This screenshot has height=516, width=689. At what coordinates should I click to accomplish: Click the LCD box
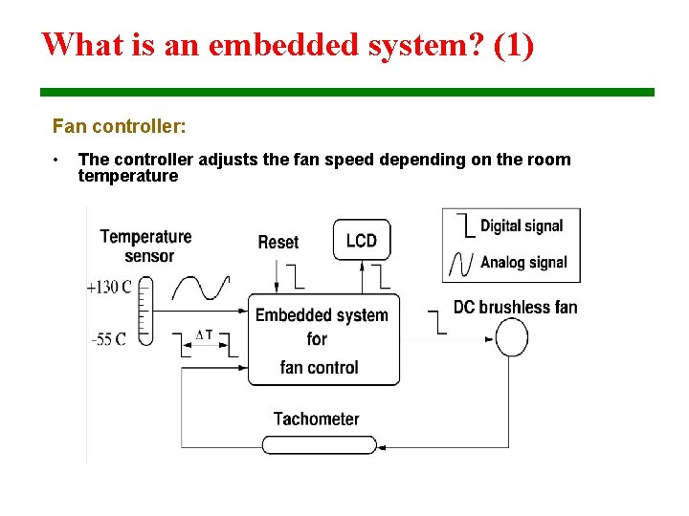pos(362,240)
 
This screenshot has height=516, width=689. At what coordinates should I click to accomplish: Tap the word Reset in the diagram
pos(278,243)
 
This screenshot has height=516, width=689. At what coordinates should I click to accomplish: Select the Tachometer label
pos(316,419)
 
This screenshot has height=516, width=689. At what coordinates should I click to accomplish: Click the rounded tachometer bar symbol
pos(320,444)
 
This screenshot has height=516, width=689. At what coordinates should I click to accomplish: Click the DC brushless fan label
pos(515,307)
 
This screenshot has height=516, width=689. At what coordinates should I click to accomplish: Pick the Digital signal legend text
pos(522,226)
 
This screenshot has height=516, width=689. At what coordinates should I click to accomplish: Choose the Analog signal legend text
pos(523,262)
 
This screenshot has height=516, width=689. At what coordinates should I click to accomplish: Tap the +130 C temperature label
pos(109,287)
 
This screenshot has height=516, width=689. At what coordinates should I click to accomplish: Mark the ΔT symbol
pos(204,334)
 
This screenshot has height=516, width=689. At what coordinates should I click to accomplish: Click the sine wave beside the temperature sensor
pos(199,288)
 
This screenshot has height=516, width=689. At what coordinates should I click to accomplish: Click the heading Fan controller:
pos(120,126)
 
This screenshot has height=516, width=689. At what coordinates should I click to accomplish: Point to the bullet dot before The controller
pos(57,160)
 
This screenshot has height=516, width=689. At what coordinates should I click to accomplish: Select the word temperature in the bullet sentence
pos(128,176)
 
